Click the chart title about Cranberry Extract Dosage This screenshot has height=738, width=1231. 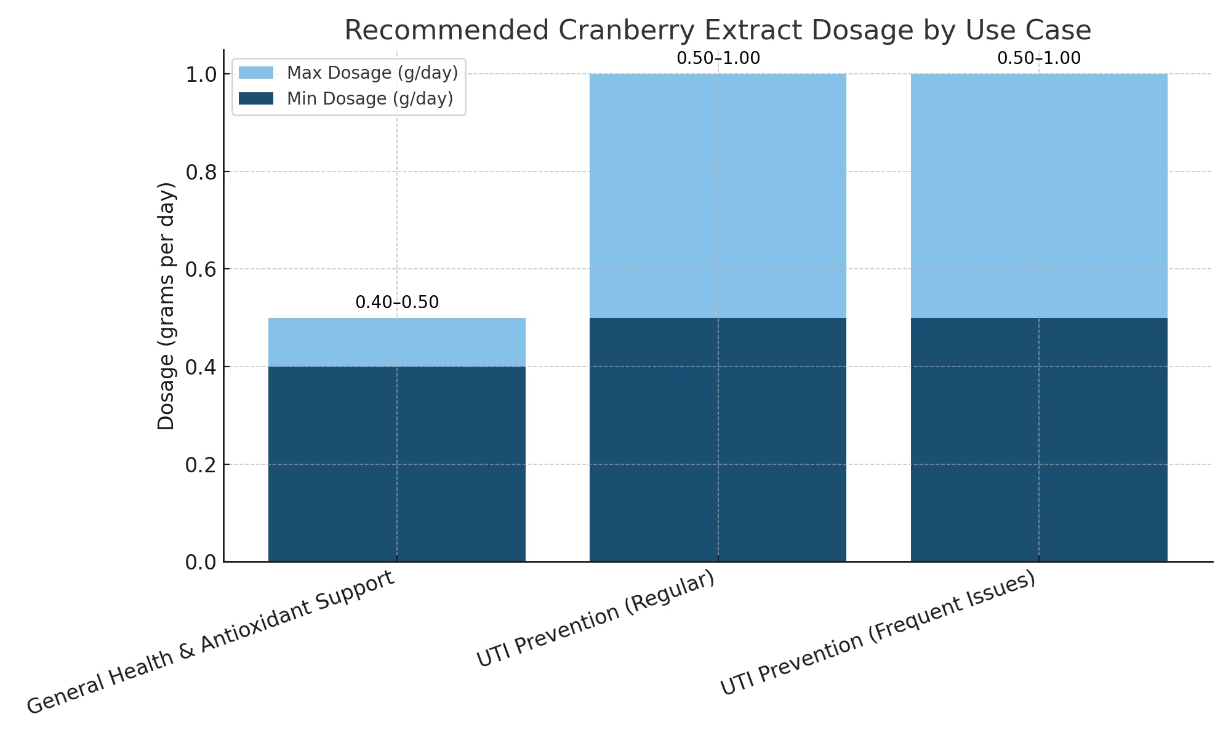pyautogui.click(x=717, y=30)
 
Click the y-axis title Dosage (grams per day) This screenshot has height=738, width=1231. pyautogui.click(x=167, y=306)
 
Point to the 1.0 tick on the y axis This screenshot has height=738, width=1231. pyautogui.click(x=201, y=74)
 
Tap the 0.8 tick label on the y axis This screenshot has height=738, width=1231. pyautogui.click(x=201, y=172)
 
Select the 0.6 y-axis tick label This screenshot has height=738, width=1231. pyautogui.click(x=201, y=269)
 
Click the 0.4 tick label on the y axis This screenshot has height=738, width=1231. pyautogui.click(x=201, y=367)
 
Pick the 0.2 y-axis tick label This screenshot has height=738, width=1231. pyautogui.click(x=201, y=465)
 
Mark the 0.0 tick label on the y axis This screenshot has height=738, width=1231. pyautogui.click(x=201, y=562)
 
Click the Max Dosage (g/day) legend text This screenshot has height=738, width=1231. pyautogui.click(x=372, y=73)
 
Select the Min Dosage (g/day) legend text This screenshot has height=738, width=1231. pyautogui.click(x=370, y=99)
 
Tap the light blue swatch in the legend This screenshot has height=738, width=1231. pyautogui.click(x=255, y=73)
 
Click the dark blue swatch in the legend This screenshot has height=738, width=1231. pyautogui.click(x=255, y=99)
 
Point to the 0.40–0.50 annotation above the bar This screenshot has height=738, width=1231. pyautogui.click(x=397, y=303)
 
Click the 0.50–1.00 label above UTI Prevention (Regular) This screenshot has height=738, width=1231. pyautogui.click(x=718, y=58)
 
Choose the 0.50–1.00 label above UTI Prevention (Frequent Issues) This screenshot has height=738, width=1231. pyautogui.click(x=1039, y=58)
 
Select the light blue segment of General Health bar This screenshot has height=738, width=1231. pyautogui.click(x=397, y=342)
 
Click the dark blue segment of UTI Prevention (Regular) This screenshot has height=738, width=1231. pyautogui.click(x=718, y=440)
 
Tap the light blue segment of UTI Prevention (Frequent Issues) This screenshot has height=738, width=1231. pyautogui.click(x=1039, y=196)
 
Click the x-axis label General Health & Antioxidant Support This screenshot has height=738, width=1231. pyautogui.click(x=211, y=642)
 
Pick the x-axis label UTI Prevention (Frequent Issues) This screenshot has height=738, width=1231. pyautogui.click(x=878, y=633)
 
